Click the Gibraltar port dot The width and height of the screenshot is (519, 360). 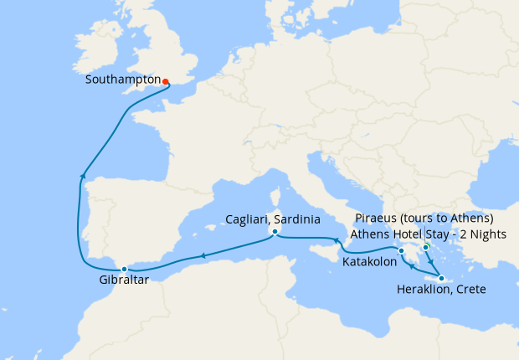pyautogui.click(x=124, y=269)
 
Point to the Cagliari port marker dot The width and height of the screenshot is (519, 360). pyautogui.click(x=274, y=232)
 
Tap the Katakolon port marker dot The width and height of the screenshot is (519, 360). pyautogui.click(x=401, y=250)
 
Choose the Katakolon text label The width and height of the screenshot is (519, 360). pyautogui.click(x=370, y=262)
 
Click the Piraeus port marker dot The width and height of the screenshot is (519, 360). pyautogui.click(x=426, y=247)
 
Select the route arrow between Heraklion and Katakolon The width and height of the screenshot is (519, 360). pyautogui.click(x=413, y=269)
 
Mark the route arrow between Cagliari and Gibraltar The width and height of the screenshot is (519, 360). pyautogui.click(x=202, y=256)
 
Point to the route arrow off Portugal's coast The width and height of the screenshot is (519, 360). pyautogui.click(x=81, y=174)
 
